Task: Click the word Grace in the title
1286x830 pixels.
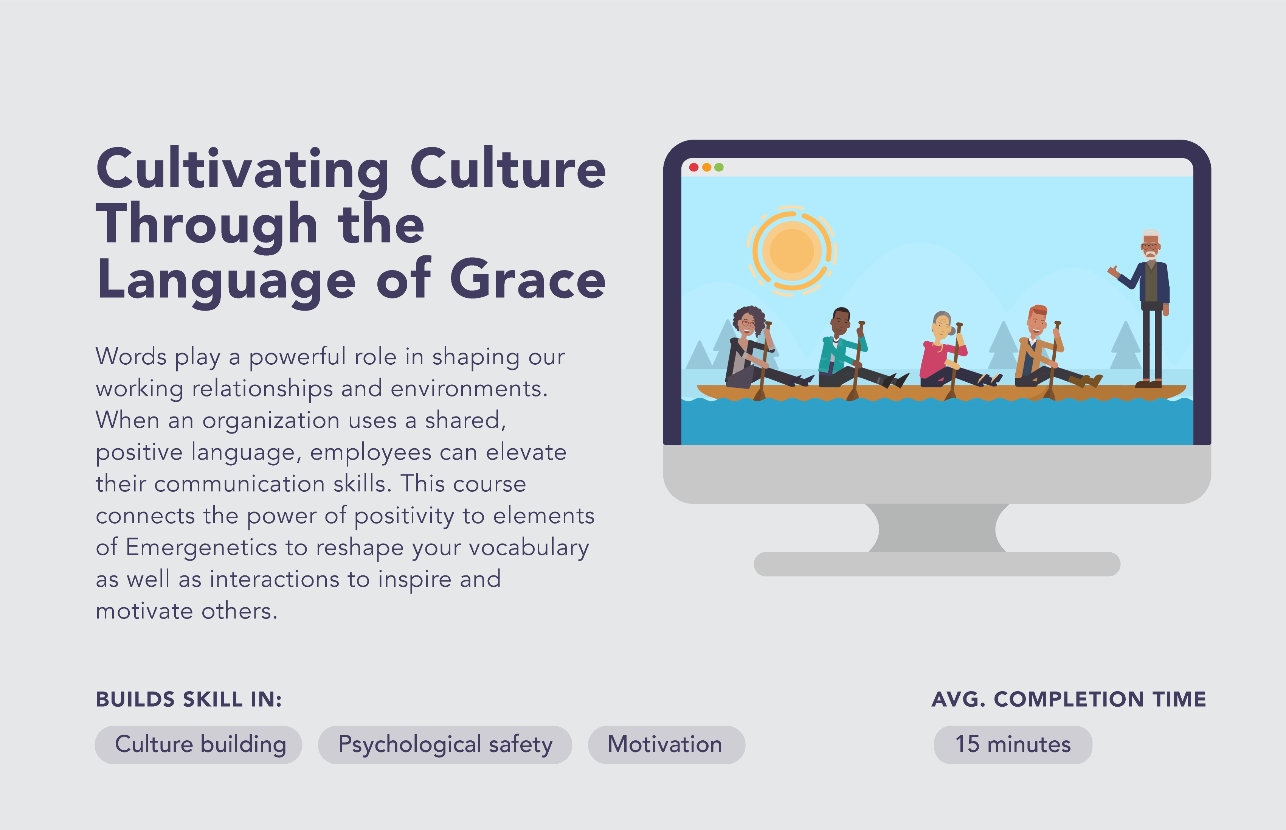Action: point(527,279)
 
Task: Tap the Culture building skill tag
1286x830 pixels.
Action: point(198,744)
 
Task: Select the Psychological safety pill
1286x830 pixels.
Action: point(445,744)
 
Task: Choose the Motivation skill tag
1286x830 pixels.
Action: point(666,744)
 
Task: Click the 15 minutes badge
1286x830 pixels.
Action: point(1013,744)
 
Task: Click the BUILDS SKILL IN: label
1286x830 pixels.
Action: point(189,699)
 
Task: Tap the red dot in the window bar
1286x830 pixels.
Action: point(694,167)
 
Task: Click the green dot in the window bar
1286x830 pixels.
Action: point(719,167)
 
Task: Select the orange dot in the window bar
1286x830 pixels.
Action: point(706,167)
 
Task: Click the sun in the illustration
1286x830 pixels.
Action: point(791,250)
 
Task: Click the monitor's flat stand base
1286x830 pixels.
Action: point(937,564)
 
